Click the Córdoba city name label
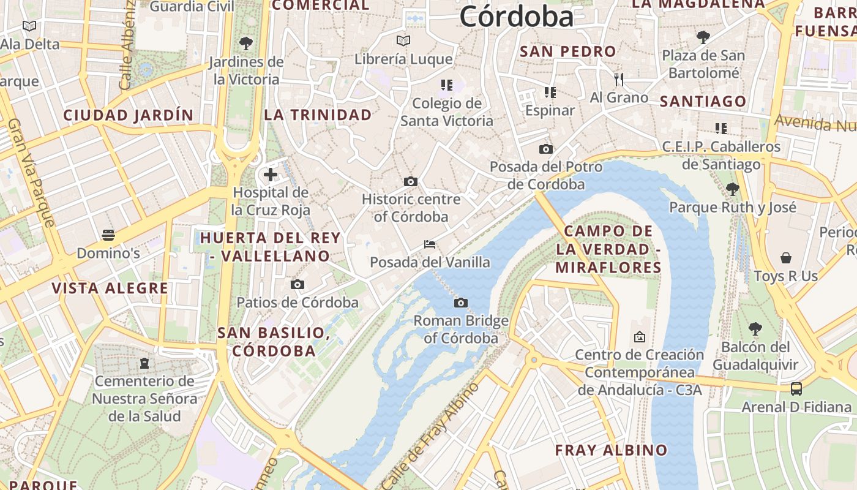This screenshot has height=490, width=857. pos(517,17)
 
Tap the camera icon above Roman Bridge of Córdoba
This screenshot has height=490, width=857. pos(461,303)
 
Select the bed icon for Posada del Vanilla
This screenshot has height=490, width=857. pos(430,244)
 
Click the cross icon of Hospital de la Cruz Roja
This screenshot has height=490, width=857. pos(271,175)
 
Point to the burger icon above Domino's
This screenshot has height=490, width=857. pos(108,235)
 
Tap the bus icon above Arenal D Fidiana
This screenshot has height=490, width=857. pos(796,388)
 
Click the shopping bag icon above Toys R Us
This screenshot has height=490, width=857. pos(786,258)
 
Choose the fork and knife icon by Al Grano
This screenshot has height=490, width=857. pos(619,79)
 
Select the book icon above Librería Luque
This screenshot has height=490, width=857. pos(403,41)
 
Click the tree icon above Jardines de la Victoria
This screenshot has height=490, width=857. pos(246,43)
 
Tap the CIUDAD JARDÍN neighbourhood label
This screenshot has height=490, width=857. pos(129,115)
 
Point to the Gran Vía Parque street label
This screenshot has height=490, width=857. pos(31,172)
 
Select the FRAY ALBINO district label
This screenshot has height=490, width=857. pos(611,450)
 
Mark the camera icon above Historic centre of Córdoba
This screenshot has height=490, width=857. pos(411,181)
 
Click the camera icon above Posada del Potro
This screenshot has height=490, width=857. pos(545,149)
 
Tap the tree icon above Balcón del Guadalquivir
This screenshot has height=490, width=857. pos(755,329)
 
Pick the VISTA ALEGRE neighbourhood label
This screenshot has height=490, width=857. pos(110,288)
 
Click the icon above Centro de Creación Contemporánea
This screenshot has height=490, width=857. pos(640,336)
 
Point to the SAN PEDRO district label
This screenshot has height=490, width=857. pos(567,52)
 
